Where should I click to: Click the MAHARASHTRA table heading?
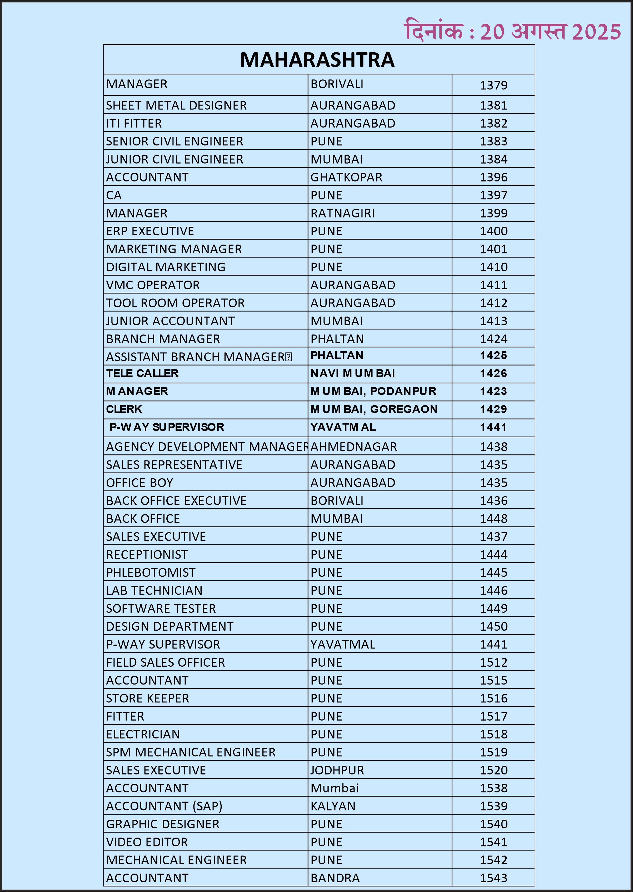click(317, 60)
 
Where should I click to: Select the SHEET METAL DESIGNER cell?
click(176, 105)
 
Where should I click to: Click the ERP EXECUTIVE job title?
click(150, 231)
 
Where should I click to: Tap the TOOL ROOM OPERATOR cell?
click(175, 303)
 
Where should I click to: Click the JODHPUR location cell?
click(337, 770)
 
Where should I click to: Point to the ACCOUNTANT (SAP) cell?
click(164, 806)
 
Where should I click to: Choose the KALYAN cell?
click(333, 806)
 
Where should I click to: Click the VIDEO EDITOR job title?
click(147, 842)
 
